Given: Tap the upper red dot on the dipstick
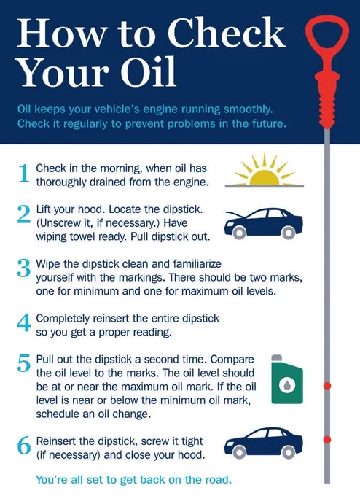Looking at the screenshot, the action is (327, 386).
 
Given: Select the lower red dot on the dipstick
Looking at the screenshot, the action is (327, 439).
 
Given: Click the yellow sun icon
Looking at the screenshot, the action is (265, 170).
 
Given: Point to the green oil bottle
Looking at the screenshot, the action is (287, 379).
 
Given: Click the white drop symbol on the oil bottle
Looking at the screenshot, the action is (287, 384).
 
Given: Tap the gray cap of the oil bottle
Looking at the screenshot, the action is (277, 357).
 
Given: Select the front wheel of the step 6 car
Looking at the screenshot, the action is (239, 452).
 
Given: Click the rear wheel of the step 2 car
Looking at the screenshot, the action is (289, 233).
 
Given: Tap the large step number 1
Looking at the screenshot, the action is (24, 174).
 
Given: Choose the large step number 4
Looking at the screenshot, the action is (24, 322).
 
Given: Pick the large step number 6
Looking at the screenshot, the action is (24, 446).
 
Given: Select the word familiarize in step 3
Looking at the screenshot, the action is (197, 263).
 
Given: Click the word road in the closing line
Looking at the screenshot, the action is (219, 479).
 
